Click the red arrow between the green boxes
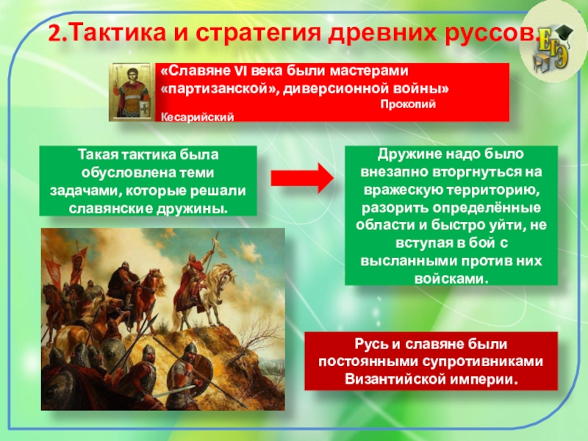[302, 178]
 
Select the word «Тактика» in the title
[118, 32]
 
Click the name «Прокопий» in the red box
[408, 104]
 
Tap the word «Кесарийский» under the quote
[197, 117]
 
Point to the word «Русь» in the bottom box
[371, 344]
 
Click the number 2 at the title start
[54, 32]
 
